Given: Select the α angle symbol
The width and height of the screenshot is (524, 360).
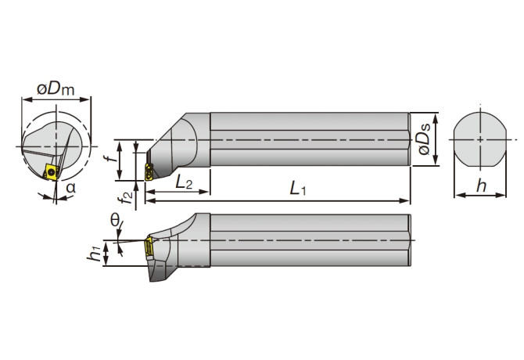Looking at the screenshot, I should tap(70, 188).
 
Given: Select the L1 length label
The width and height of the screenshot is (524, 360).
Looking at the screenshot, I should tap(296, 189).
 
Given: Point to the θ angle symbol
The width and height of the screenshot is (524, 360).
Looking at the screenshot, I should tap(115, 222).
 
